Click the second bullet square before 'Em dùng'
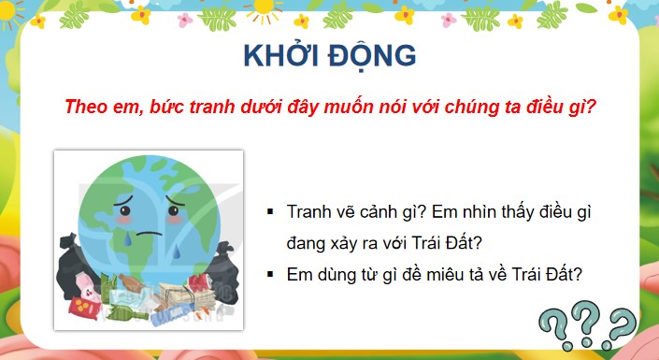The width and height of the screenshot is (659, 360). point(270,275)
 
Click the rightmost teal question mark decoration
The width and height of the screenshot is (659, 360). point(620,328)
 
